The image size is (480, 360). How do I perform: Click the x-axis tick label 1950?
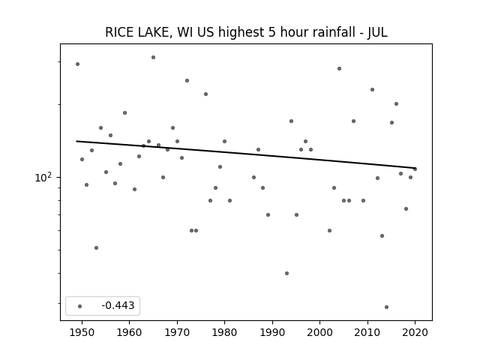82,332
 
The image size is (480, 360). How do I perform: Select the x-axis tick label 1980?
224,332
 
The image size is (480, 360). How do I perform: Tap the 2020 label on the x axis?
415,332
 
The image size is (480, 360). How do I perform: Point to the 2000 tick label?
320,332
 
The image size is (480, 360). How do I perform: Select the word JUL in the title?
377,32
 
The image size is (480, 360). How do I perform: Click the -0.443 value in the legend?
118,305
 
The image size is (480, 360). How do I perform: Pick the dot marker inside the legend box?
80,306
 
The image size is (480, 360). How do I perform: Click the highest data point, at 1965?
153,57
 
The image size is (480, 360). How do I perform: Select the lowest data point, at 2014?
387,307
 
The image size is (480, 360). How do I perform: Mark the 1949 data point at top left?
77,64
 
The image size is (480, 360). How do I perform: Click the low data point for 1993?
286,273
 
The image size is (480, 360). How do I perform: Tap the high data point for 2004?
339,68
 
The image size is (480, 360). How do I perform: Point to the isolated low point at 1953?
97,247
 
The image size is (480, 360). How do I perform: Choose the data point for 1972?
187,80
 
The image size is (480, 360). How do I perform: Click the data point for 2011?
372,90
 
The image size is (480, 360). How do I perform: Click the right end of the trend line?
415,168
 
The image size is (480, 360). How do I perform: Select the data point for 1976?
205,94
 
